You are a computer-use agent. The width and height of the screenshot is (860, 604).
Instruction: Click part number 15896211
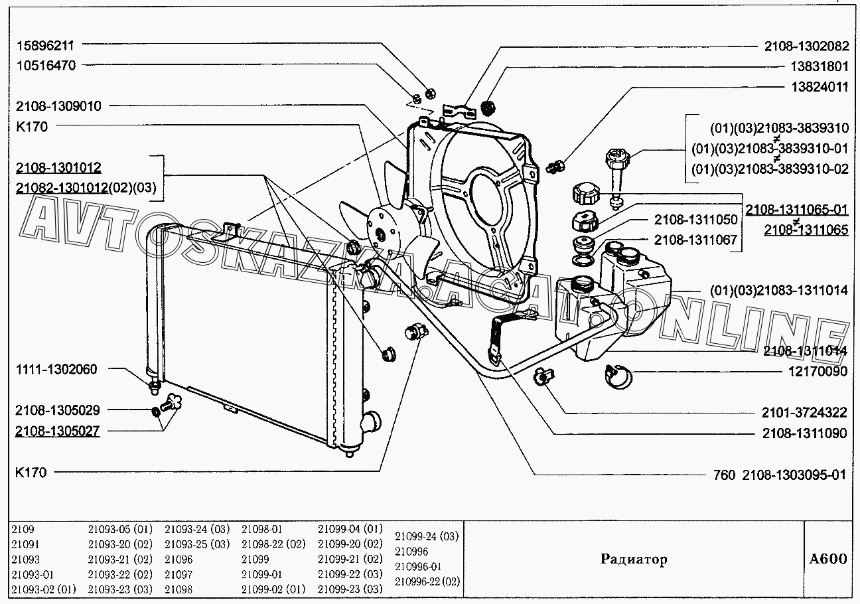[45, 46]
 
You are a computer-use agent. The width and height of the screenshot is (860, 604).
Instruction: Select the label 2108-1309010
[60, 106]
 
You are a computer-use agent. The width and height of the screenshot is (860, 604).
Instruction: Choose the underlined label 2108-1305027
[57, 431]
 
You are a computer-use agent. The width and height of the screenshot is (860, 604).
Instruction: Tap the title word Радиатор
[634, 559]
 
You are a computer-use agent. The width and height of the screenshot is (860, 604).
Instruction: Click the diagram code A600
[827, 558]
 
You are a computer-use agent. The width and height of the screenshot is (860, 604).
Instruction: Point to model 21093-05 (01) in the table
[120, 529]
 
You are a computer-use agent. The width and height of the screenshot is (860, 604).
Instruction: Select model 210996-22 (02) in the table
[427, 581]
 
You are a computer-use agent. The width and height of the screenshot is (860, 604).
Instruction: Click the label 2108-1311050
[695, 220]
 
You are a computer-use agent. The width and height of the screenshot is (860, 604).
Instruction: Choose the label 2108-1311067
[695, 240]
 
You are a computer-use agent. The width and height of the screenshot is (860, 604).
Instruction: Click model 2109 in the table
[23, 529]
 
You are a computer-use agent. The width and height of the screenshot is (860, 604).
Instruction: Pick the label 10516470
[45, 66]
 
